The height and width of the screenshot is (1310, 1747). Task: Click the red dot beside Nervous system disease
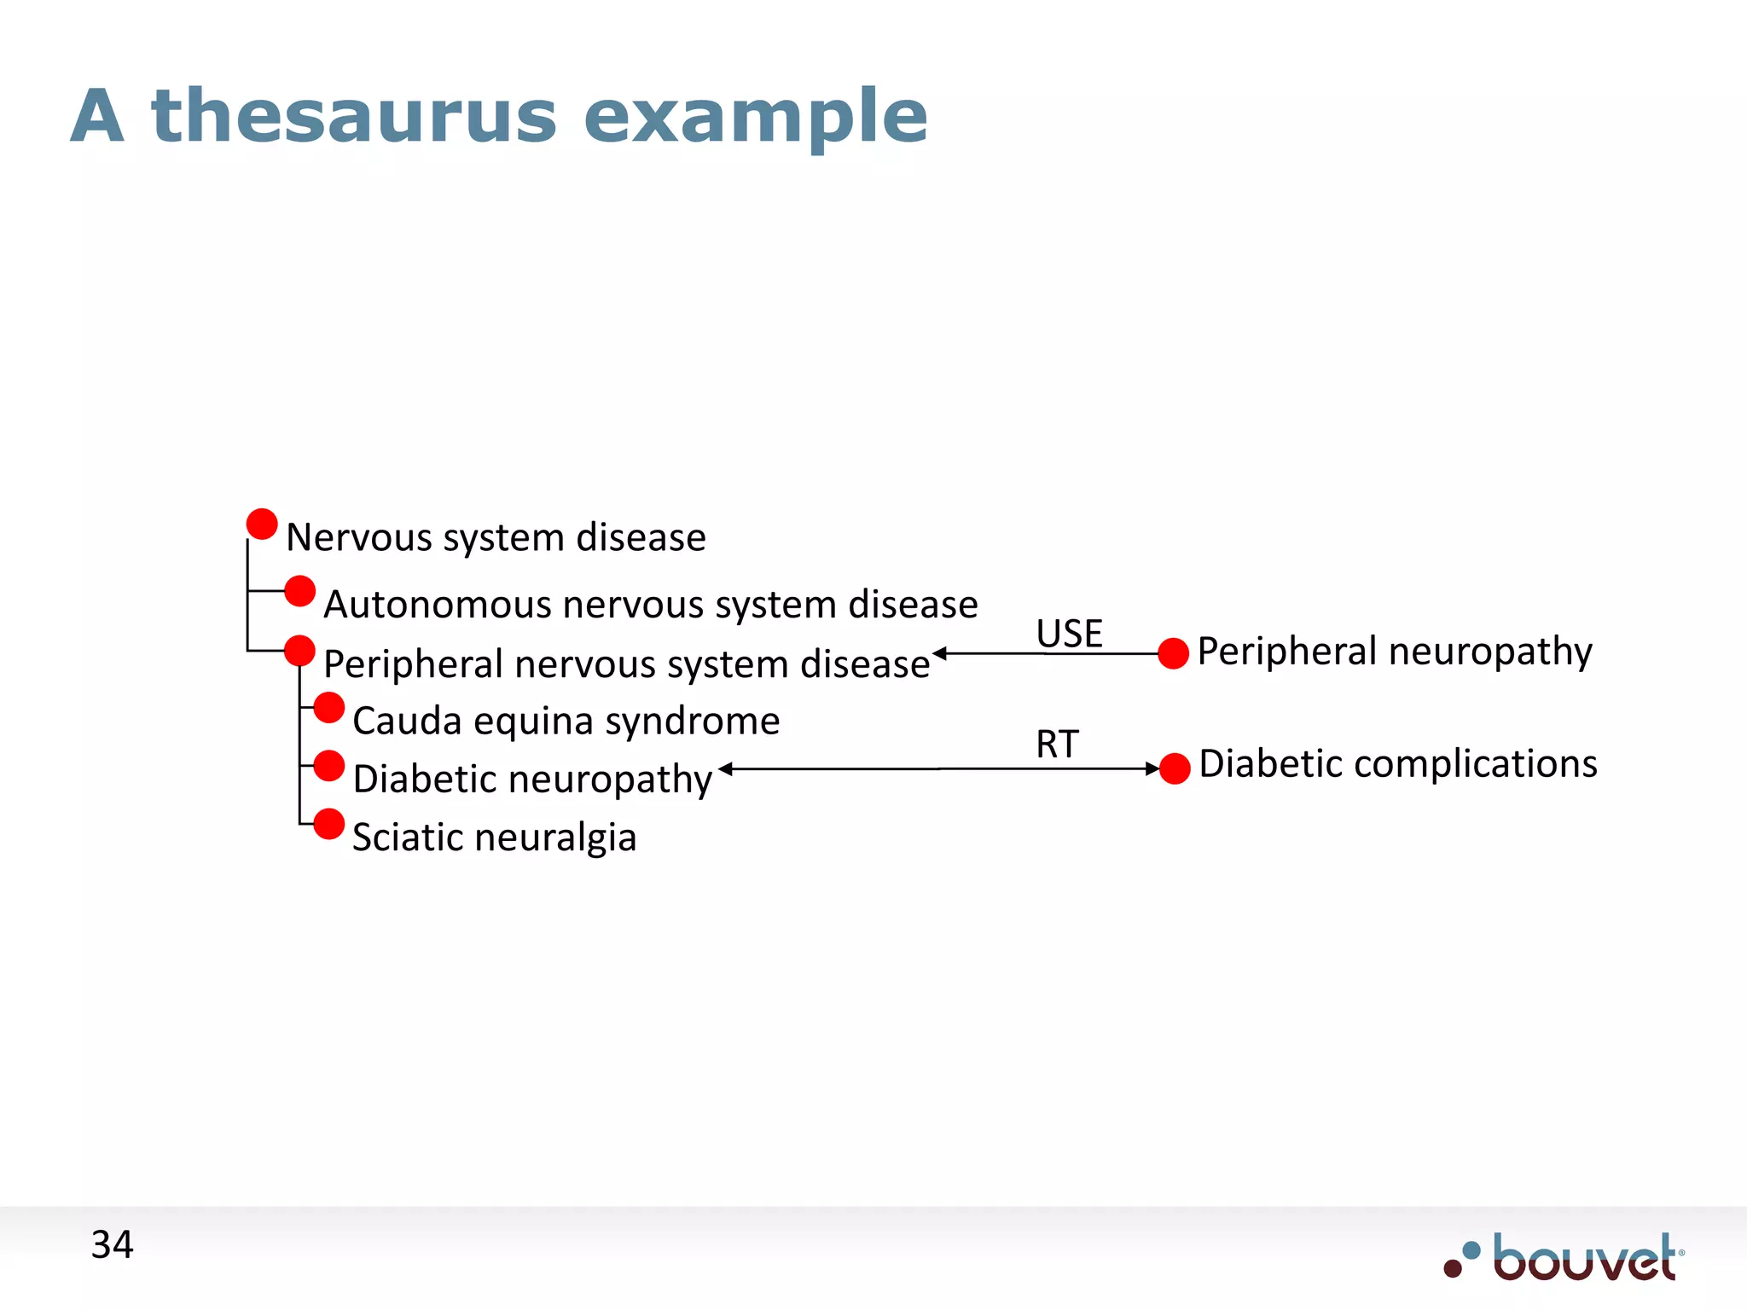pyautogui.click(x=262, y=524)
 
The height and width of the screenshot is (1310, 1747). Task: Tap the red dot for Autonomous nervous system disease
pyautogui.click(x=299, y=590)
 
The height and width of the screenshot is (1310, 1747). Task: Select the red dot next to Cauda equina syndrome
pyautogui.click(x=328, y=707)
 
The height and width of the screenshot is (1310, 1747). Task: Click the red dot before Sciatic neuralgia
pyautogui.click(x=328, y=824)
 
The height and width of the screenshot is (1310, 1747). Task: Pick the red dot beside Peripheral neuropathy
pyautogui.click(x=1174, y=653)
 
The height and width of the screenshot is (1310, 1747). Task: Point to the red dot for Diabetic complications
pyautogui.click(x=1175, y=768)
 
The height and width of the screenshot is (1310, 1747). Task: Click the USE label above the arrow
pyautogui.click(x=1069, y=634)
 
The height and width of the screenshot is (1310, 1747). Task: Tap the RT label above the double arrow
pyautogui.click(x=1057, y=744)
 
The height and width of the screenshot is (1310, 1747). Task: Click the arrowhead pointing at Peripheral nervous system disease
pyautogui.click(x=940, y=653)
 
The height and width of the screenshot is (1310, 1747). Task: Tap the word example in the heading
pyautogui.click(x=755, y=117)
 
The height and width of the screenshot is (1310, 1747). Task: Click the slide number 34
pyautogui.click(x=112, y=1244)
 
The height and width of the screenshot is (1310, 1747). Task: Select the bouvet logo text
pyautogui.click(x=1584, y=1259)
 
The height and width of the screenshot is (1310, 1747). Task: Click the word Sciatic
pyautogui.click(x=407, y=837)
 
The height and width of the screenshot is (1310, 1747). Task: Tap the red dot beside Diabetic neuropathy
pyautogui.click(x=328, y=766)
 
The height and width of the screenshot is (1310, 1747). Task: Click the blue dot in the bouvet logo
pyautogui.click(x=1471, y=1250)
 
